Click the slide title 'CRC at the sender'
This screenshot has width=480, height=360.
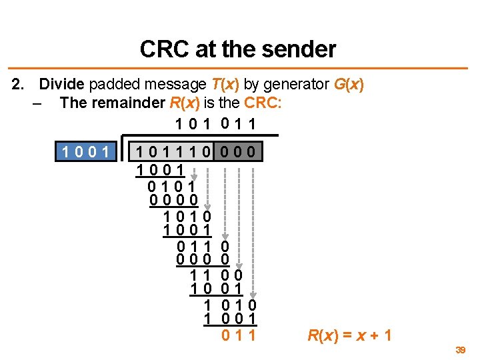click(238, 49)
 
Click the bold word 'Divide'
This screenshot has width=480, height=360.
click(62, 85)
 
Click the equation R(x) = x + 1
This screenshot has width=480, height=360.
click(349, 335)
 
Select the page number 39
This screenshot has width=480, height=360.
click(460, 349)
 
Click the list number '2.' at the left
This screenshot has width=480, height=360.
click(19, 85)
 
